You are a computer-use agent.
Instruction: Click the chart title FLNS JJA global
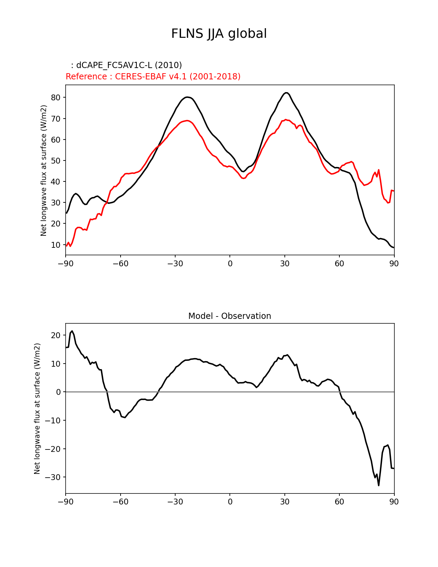219,34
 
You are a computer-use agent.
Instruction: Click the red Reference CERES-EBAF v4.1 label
153,77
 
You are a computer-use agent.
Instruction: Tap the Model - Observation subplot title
229,316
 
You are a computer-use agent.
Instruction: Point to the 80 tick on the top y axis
56,98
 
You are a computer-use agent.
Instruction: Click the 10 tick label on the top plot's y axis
56,245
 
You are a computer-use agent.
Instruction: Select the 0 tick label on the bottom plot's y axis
58,392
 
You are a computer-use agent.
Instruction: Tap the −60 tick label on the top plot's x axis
120,264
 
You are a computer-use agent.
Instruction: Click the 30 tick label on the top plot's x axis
284,264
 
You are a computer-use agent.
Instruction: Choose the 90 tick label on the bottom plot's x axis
394,502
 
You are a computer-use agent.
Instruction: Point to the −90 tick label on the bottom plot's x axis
66,502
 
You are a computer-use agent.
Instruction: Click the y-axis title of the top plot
44,170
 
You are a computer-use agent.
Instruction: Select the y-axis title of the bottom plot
37,409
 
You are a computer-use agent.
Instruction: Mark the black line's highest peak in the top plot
286,93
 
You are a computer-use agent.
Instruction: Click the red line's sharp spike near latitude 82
379,170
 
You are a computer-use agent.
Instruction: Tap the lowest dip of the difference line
379,485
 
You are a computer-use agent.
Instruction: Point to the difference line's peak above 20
72,331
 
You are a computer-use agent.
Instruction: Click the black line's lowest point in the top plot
394,247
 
